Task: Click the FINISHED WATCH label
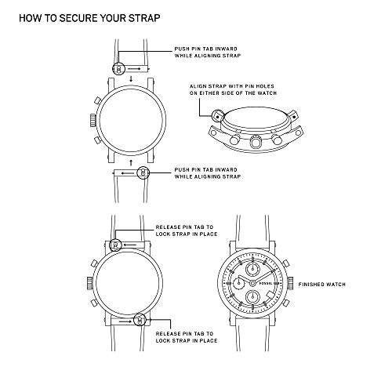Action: pos(322,285)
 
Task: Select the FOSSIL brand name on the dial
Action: pos(266,283)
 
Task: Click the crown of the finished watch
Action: pos(290,283)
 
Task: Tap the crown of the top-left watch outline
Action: pos(93,120)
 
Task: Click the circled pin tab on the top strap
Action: pos(118,69)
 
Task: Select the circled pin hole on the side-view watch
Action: pos(218,116)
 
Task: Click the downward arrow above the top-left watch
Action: pos(131,78)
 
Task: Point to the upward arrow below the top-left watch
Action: pos(131,163)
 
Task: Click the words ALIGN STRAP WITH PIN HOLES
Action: pos(232,86)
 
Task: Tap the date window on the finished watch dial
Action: pos(270,295)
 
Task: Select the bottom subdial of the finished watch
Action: pos(252,297)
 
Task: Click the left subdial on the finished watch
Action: pos(239,282)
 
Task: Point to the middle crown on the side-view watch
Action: pos(256,141)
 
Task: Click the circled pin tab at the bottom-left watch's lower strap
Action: pos(140,320)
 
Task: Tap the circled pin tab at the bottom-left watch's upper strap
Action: pos(115,245)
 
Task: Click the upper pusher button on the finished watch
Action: pos(285,263)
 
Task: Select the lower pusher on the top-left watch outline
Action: pos(97,140)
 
